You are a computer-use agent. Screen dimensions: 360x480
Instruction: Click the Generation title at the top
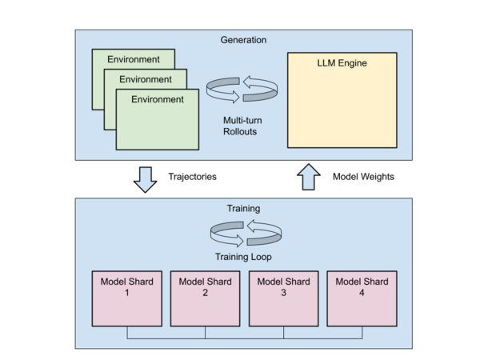click(x=244, y=39)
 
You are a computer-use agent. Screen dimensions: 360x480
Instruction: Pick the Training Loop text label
click(x=243, y=258)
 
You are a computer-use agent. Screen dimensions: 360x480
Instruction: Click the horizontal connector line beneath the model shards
click(x=244, y=338)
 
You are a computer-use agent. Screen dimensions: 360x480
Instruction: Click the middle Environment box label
click(x=145, y=79)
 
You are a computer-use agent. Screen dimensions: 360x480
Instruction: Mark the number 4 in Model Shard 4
click(x=361, y=293)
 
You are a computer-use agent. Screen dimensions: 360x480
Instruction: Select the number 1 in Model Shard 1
click(x=126, y=293)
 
